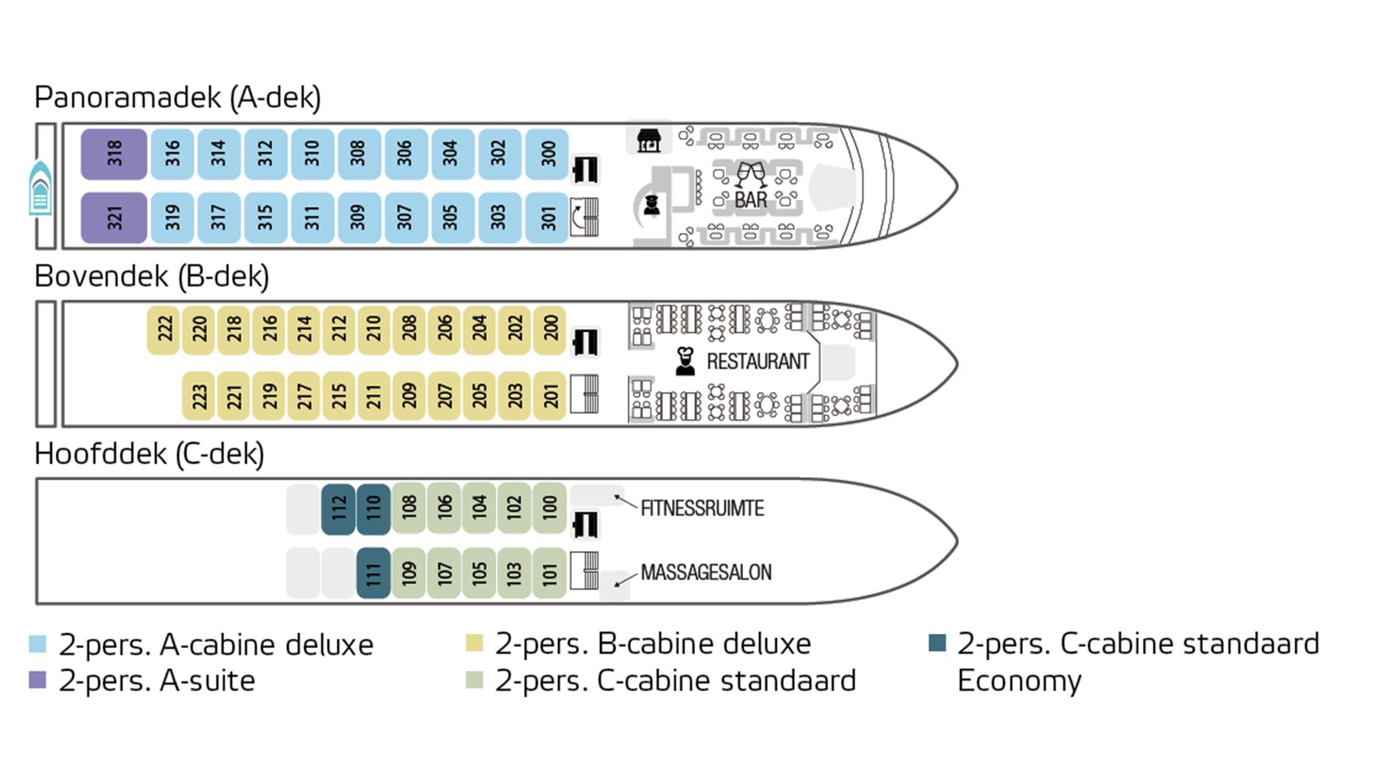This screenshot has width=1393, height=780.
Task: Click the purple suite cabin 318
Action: tap(114, 154)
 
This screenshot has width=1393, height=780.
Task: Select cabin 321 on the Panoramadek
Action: tap(114, 218)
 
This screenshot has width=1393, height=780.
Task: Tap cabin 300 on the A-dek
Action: tap(547, 154)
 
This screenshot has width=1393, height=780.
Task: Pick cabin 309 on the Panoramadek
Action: tap(358, 218)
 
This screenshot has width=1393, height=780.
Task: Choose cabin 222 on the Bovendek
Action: tap(164, 329)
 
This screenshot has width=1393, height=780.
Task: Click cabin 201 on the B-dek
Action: tap(550, 395)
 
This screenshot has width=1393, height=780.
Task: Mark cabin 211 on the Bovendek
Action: tap(374, 395)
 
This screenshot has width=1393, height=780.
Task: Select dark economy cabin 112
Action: tap(338, 508)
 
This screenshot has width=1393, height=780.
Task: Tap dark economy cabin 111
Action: tap(373, 574)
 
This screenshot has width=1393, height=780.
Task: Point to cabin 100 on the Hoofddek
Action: tap(550, 508)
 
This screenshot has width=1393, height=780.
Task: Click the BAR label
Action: tap(751, 200)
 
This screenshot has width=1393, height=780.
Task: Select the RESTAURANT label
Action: tap(757, 362)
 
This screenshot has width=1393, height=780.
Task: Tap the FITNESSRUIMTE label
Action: tap(702, 509)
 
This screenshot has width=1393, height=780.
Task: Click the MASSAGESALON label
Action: tap(706, 573)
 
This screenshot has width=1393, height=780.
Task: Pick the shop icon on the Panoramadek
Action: tap(648, 140)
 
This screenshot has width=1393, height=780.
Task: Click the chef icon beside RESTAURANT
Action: tap(685, 361)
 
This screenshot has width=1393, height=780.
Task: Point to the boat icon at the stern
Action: tap(41, 188)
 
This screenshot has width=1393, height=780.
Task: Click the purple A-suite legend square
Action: tap(38, 680)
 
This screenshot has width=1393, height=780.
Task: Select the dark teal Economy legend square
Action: tap(937, 643)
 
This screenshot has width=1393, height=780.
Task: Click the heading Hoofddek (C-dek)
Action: tap(149, 454)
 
